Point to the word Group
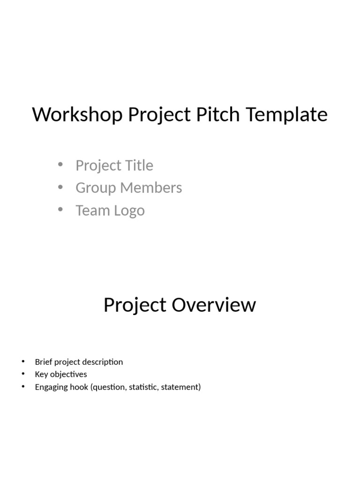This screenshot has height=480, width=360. [96, 188]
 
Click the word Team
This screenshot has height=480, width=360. [91, 210]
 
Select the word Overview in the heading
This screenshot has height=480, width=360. [214, 305]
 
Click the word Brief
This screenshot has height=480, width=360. [43, 362]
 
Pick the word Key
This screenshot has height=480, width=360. [41, 374]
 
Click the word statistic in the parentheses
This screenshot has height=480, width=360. [142, 387]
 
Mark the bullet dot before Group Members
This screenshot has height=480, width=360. [60, 187]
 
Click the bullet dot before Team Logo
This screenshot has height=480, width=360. [60, 210]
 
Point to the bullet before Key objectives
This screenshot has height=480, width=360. [22, 374]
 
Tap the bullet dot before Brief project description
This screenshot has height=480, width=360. [22, 361]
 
